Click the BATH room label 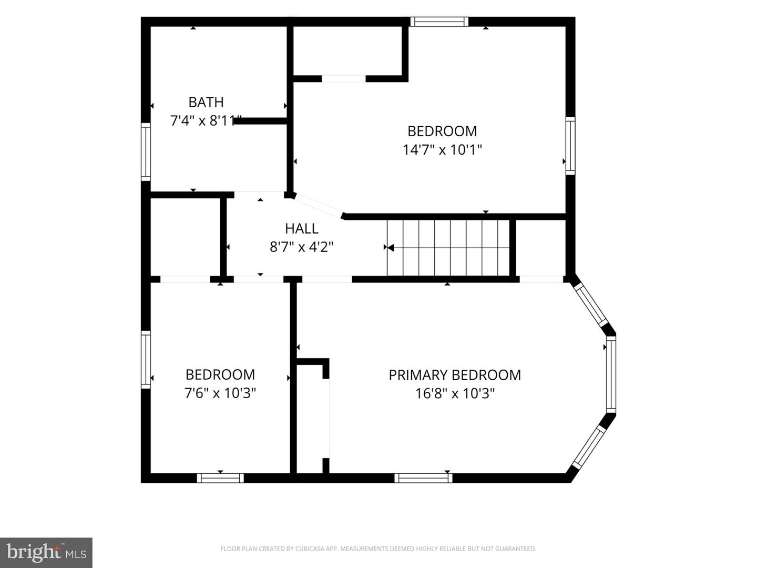point(206,102)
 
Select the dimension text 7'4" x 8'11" point(206,121)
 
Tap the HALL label point(301,228)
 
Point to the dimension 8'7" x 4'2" point(301,247)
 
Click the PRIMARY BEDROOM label point(455,375)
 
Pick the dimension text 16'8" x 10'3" point(455,393)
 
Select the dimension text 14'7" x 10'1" point(442,150)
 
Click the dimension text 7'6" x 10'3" point(220,393)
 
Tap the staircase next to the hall point(448,248)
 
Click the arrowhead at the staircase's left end point(391,247)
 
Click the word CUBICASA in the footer point(309,549)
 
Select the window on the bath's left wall point(146,152)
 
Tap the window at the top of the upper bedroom point(439,22)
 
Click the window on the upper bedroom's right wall point(570,146)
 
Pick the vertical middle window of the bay point(611,374)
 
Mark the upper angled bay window point(590,305)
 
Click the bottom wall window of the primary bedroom point(423,478)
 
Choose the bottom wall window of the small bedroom point(220,478)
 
